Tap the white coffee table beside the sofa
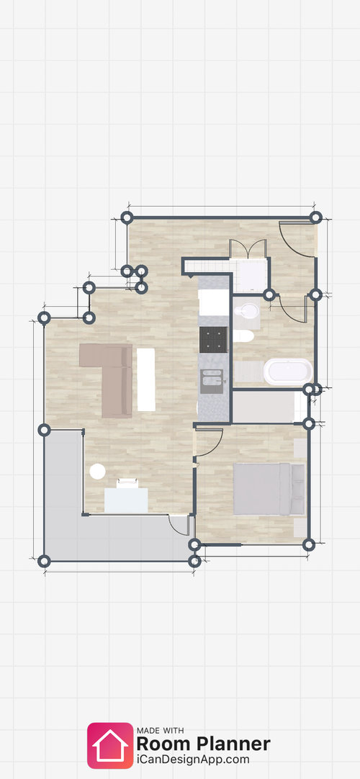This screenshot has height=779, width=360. [146, 379]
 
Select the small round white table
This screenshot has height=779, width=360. [97, 472]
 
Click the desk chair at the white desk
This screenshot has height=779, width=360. [127, 483]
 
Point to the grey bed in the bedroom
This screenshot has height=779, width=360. [269, 489]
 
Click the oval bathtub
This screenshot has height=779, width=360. [288, 372]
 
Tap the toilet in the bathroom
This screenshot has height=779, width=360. [243, 336]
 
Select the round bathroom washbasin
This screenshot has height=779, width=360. [247, 312]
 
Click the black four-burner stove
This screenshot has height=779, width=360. [214, 339]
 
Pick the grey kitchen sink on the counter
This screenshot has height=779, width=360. [212, 381]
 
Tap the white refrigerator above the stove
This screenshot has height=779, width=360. [214, 302]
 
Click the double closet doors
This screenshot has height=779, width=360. [248, 249]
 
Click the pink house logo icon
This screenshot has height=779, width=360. [110, 746]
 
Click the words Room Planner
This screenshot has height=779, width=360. [204, 744]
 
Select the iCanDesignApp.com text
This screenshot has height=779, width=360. [193, 760]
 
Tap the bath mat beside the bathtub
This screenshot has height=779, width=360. [248, 371]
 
